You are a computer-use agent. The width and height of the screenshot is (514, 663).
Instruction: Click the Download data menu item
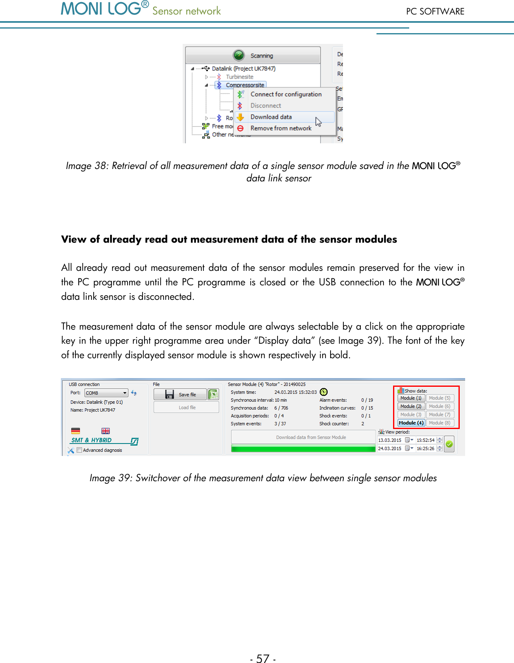click(271, 117)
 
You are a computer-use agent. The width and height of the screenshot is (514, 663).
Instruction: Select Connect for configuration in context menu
click(286, 94)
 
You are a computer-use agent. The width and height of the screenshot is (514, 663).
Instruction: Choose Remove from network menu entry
click(281, 128)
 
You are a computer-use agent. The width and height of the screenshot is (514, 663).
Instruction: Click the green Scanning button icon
click(239, 55)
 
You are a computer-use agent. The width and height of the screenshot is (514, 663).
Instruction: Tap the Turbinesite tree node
click(239, 77)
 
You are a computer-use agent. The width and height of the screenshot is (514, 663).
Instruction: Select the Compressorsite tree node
click(245, 85)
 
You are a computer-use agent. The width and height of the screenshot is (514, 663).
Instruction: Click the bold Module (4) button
click(411, 423)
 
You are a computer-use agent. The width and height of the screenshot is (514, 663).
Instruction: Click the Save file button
click(180, 395)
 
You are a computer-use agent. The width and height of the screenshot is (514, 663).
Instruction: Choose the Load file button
click(186, 407)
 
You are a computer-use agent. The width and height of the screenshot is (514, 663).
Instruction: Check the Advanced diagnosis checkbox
click(80, 450)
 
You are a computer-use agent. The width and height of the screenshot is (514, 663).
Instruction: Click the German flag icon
click(75, 431)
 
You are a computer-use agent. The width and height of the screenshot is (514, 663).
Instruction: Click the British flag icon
click(106, 431)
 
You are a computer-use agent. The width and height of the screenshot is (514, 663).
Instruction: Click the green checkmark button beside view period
click(449, 444)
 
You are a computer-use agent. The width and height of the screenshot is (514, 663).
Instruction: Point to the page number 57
click(263, 658)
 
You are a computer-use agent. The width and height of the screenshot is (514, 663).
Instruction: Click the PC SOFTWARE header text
click(435, 12)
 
